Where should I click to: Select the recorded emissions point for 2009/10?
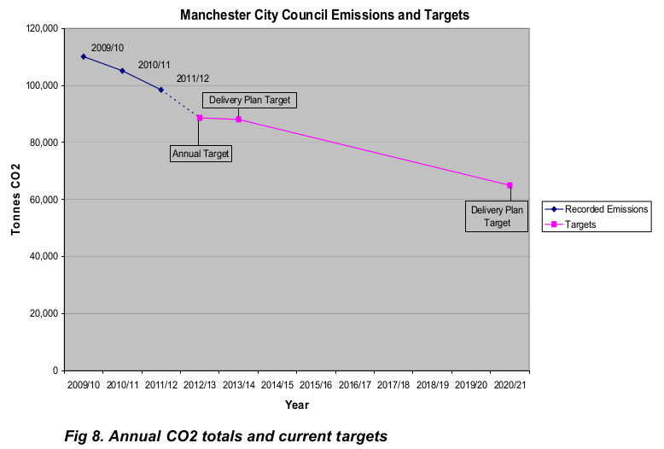84,56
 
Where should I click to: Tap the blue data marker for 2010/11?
122,71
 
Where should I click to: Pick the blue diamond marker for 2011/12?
160,90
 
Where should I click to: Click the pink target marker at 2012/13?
200,118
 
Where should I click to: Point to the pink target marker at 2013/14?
238,120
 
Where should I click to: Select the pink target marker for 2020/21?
510,185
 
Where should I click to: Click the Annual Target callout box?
201,154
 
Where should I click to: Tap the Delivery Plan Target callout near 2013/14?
249,100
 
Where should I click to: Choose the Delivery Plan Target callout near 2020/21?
497,216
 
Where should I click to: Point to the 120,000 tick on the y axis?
43,28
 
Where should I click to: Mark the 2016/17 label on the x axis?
355,386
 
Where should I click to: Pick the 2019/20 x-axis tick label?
471,386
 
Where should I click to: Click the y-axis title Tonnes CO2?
15,200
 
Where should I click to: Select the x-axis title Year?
297,405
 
